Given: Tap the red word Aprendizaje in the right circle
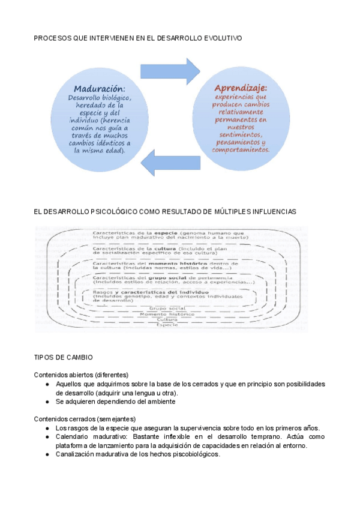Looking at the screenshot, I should (241, 88).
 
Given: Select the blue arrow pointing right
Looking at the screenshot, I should (180, 73).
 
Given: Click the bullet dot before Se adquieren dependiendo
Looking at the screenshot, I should (47, 402).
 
